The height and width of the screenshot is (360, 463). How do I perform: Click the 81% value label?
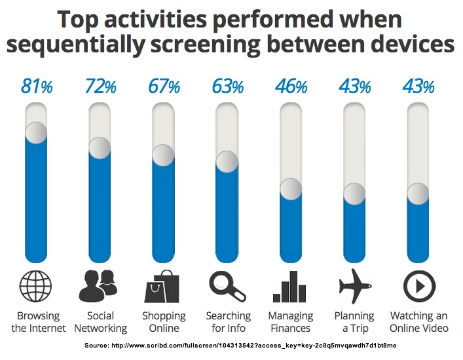tap(37, 86)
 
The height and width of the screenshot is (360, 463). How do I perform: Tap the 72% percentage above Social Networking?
tap(101, 86)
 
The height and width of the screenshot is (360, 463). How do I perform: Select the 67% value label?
tap(164, 86)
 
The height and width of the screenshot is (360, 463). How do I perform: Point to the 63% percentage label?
tap(227, 86)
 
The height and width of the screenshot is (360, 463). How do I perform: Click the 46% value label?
tap(291, 86)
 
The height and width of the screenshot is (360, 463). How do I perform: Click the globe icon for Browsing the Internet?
tap(37, 287)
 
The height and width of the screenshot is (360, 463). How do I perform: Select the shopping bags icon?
tap(163, 287)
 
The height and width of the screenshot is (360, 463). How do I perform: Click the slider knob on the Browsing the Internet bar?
tap(36, 132)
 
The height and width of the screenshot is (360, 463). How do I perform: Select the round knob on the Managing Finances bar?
tap(291, 189)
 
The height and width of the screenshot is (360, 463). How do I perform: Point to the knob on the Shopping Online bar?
tap(163, 155)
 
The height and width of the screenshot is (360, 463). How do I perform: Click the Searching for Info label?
tap(228, 322)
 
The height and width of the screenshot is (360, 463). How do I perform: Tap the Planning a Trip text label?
tap(354, 322)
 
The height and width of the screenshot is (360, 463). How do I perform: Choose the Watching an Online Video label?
tap(419, 322)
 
